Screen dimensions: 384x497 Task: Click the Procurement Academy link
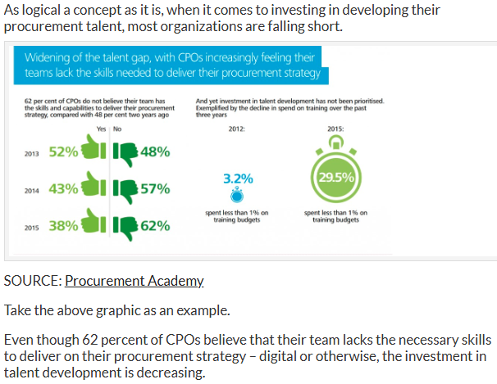click(x=134, y=282)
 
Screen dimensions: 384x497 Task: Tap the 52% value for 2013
click(x=63, y=151)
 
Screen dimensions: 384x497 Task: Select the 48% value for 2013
click(x=155, y=151)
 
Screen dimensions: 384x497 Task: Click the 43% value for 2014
click(x=63, y=188)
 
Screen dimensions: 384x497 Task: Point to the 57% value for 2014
click(x=155, y=189)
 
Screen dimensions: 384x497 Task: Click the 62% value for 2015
click(x=155, y=226)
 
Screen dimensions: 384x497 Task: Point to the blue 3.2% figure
click(x=238, y=178)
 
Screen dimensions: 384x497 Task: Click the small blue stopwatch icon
click(x=238, y=196)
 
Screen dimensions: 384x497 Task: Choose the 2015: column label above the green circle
click(x=335, y=129)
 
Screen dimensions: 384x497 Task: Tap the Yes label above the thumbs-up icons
click(x=102, y=129)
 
